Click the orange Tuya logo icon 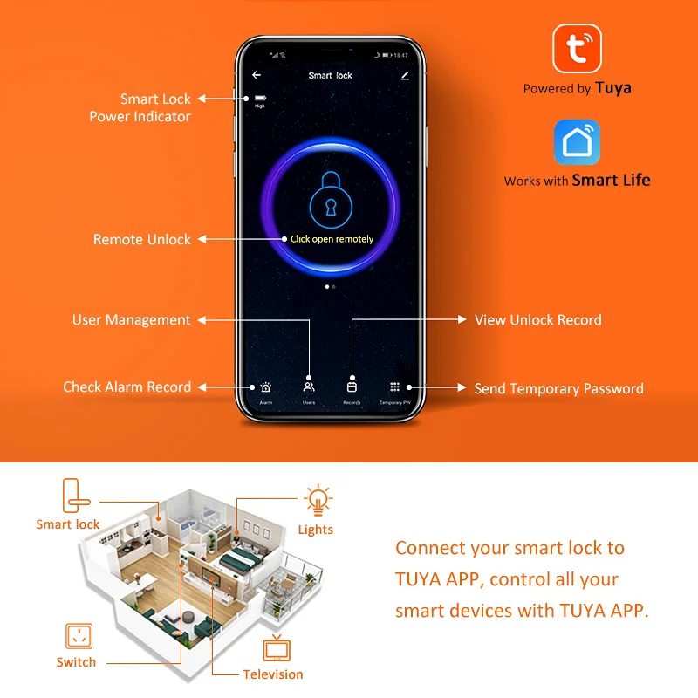pos(578,48)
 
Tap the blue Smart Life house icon pos(578,143)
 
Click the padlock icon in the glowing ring pos(330,197)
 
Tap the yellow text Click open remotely pos(332,239)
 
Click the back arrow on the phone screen pos(257,75)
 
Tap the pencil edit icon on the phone pos(405,76)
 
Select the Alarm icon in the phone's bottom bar pos(265,387)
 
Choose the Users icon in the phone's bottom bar pos(309,387)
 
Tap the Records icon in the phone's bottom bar pos(352,387)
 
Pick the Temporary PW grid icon pos(394,387)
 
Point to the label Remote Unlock pos(141,239)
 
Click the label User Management pos(131,320)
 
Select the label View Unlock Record pos(537,320)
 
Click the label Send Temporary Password pos(558,389)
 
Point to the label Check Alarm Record pos(127,387)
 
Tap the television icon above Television pos(277,650)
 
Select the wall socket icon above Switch pos(76,636)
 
